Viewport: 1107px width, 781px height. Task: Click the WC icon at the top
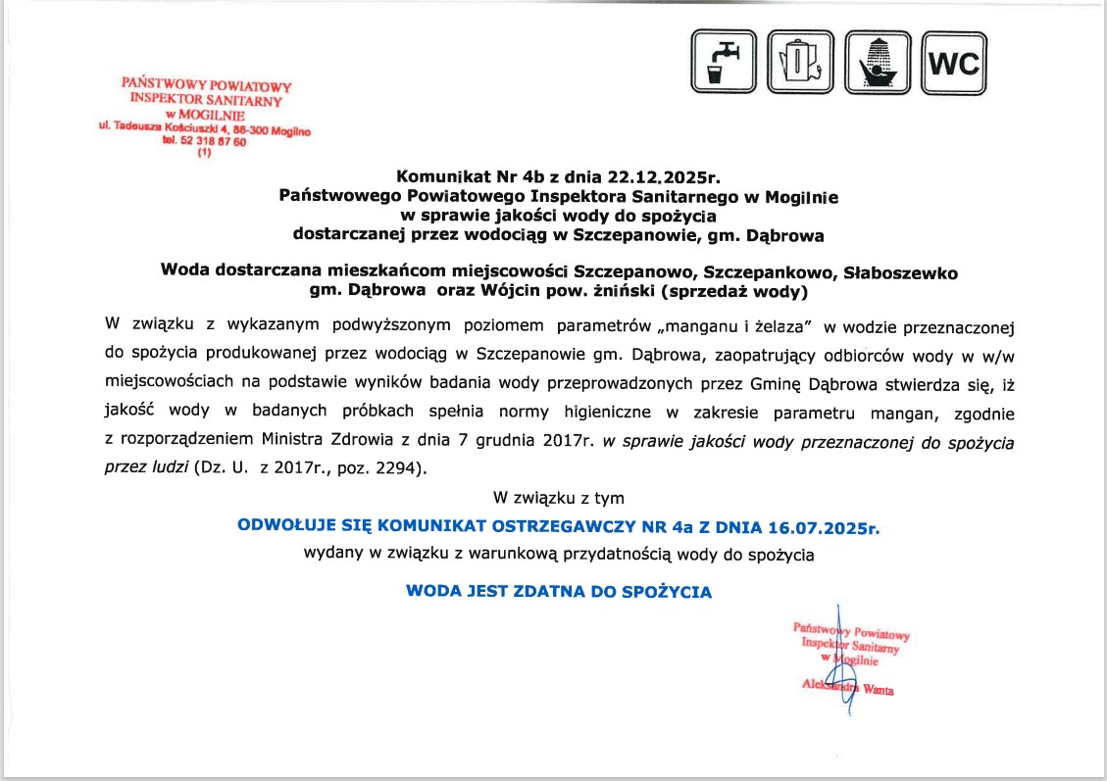pyautogui.click(x=953, y=63)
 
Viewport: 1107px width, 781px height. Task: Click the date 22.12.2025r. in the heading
pyautogui.click(x=666, y=177)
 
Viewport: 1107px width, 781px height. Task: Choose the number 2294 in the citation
pyautogui.click(x=396, y=469)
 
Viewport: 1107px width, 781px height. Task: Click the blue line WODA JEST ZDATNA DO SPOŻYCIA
pyautogui.click(x=559, y=592)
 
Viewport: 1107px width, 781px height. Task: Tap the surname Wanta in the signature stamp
pyautogui.click(x=878, y=690)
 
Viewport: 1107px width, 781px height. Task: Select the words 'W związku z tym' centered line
pyautogui.click(x=559, y=498)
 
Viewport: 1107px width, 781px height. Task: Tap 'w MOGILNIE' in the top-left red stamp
pyautogui.click(x=205, y=114)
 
